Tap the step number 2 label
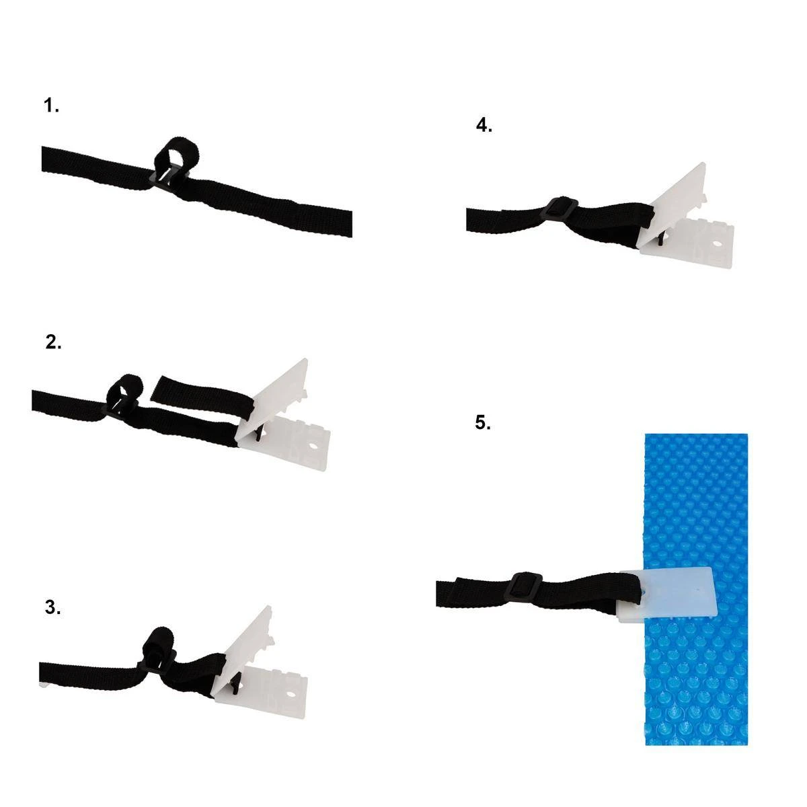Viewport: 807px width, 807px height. pos(53,342)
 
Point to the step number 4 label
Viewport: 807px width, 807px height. pos(484,125)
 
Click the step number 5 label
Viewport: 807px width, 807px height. pos(483,422)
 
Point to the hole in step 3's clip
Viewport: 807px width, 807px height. pos(291,693)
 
